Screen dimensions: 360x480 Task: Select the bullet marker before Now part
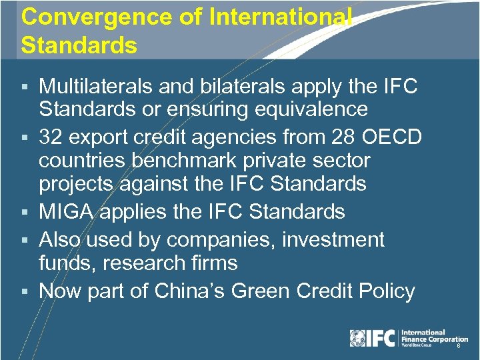pos(25,292)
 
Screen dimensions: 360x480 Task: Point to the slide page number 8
pos(459,347)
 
